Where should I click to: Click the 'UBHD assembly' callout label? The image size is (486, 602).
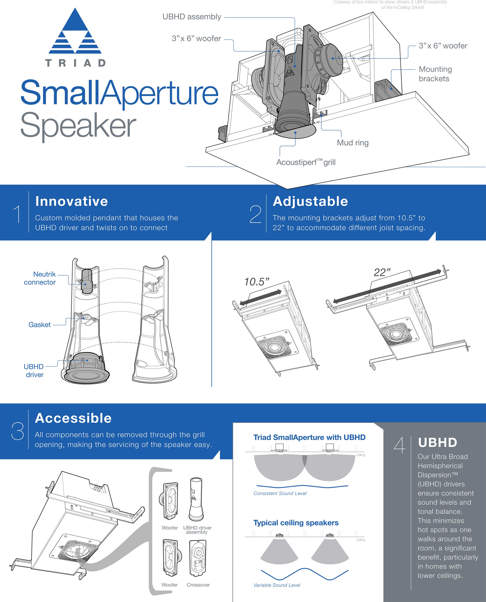[192, 17]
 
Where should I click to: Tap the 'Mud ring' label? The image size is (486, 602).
[353, 143]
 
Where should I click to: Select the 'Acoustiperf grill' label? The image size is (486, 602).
[306, 162]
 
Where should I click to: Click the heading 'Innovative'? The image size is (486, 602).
[72, 201]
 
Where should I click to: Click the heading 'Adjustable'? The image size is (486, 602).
[310, 201]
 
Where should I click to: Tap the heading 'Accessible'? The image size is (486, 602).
[73, 418]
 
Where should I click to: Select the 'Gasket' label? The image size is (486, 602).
[40, 325]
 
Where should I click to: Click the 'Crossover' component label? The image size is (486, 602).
[198, 585]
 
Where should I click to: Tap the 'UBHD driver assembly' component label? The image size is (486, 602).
[197, 530]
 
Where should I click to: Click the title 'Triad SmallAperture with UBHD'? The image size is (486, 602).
[309, 437]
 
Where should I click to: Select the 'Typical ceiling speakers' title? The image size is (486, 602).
[296, 523]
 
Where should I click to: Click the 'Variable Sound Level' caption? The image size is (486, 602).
[277, 585]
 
